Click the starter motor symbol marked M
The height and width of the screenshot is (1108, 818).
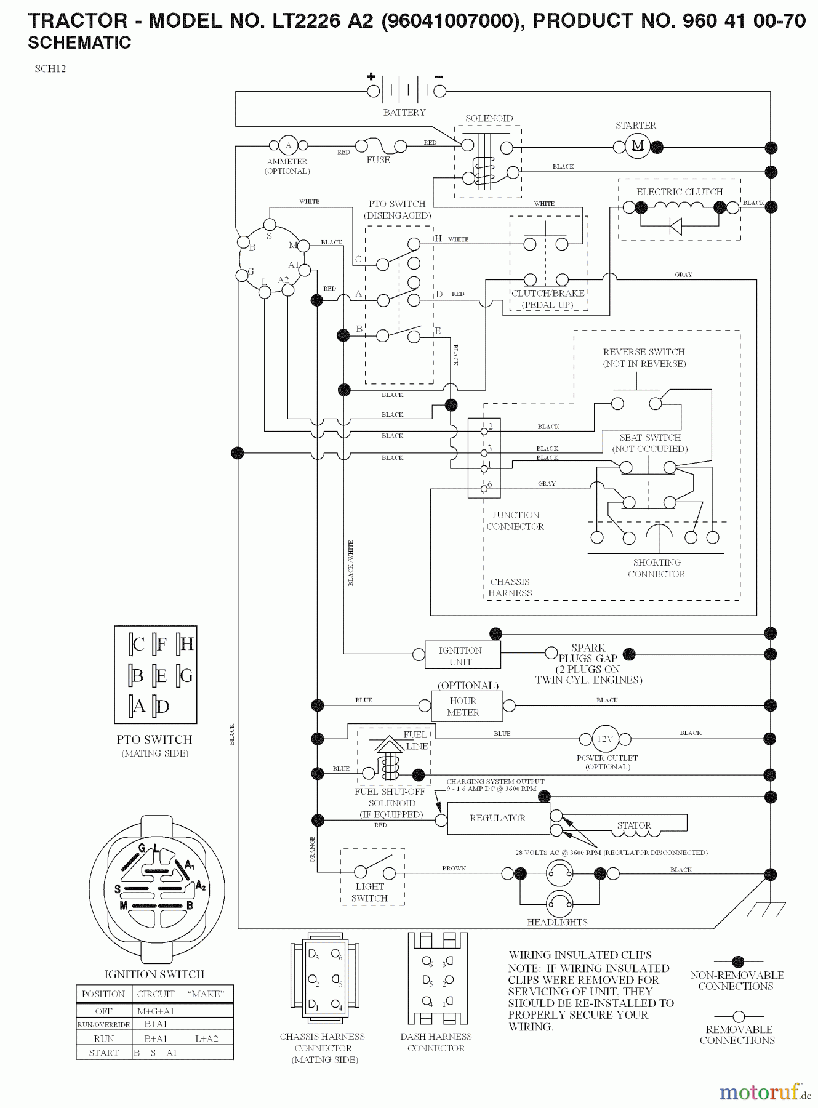point(638,146)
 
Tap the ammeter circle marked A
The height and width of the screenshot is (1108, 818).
point(288,146)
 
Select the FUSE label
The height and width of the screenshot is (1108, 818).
point(378,159)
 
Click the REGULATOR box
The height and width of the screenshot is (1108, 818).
point(498,818)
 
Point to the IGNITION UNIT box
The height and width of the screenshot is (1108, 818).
point(460,656)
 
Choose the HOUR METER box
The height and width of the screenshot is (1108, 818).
point(463,706)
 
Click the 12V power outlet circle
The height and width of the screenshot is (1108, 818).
point(605,738)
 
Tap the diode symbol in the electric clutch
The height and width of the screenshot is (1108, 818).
point(676,227)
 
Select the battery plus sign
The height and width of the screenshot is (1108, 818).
point(371,77)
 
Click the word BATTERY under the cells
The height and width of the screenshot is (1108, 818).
point(404,113)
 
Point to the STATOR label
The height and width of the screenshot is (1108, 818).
point(634,825)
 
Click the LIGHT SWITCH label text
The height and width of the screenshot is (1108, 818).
point(369,893)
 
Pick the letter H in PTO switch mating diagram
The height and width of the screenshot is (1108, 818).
point(187,644)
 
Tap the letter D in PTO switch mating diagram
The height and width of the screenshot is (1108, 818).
point(163,707)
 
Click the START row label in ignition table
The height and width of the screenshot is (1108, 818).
point(103,1053)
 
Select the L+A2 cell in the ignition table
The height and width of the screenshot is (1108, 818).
point(206,1038)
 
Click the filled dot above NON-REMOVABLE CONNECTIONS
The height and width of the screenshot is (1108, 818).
point(739,961)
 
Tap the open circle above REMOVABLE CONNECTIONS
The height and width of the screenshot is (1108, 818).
point(739,1017)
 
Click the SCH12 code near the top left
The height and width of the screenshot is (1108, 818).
point(50,69)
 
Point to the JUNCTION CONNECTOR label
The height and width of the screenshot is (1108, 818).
point(516,521)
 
